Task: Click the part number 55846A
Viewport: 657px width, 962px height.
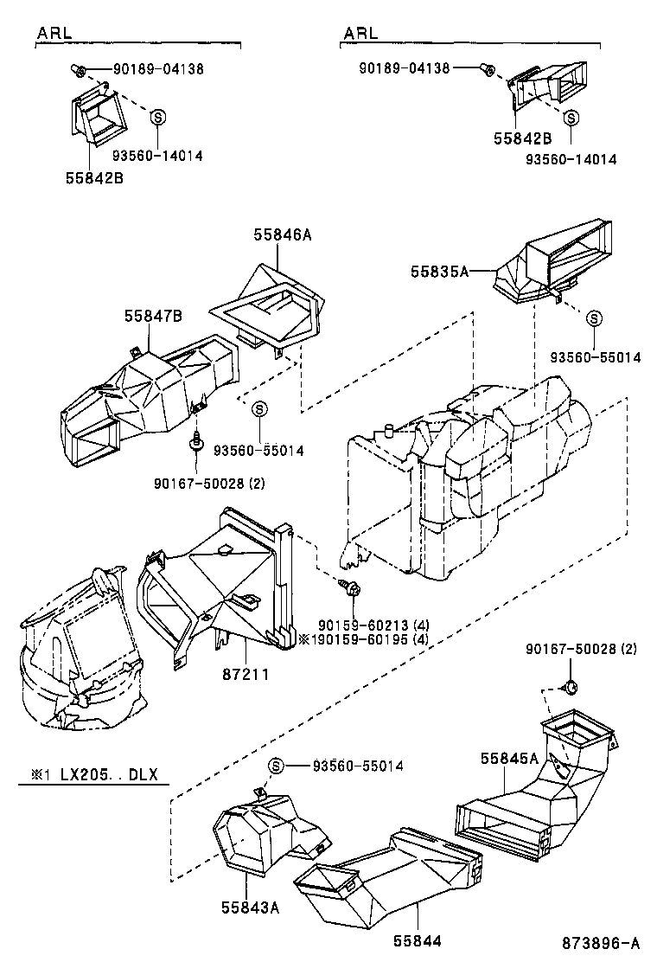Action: tap(282, 233)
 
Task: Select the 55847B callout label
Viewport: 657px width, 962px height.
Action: tap(153, 317)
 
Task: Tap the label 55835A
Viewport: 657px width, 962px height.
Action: tap(439, 271)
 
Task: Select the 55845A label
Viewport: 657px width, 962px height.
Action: tap(509, 758)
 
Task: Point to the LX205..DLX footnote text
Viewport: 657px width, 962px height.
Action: tap(96, 774)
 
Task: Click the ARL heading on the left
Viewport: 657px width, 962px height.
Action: tap(54, 33)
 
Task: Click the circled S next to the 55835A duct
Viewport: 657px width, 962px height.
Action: tap(595, 318)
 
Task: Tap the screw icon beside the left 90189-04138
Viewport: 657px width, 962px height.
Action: tap(76, 69)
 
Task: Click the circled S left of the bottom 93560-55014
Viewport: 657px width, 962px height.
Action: tap(276, 765)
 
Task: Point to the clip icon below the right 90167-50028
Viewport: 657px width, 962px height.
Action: tap(570, 688)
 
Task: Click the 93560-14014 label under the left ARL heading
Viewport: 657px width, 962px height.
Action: tap(156, 156)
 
